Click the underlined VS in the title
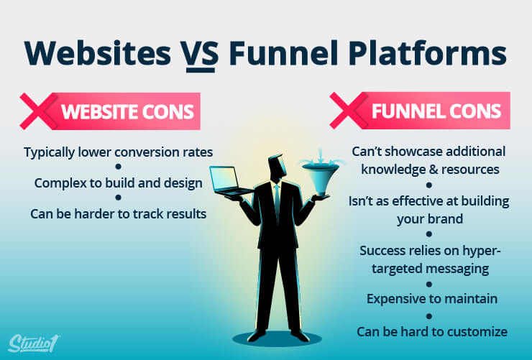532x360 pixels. (200, 54)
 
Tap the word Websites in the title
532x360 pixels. (97, 53)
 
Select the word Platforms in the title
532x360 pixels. (428, 53)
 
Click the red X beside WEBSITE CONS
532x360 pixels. (38, 111)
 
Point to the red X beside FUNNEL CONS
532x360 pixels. (348, 111)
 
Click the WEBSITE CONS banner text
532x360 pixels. (127, 111)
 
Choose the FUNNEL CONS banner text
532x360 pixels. (436, 111)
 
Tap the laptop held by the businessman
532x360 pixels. (230, 181)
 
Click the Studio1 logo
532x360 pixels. (33, 343)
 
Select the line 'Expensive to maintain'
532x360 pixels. (432, 299)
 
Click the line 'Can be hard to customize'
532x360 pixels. (432, 331)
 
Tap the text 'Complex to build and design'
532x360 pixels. (119, 183)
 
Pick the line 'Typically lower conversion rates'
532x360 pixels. (119, 152)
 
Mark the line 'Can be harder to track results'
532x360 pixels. (119, 214)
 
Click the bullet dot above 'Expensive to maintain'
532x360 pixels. (429, 284)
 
